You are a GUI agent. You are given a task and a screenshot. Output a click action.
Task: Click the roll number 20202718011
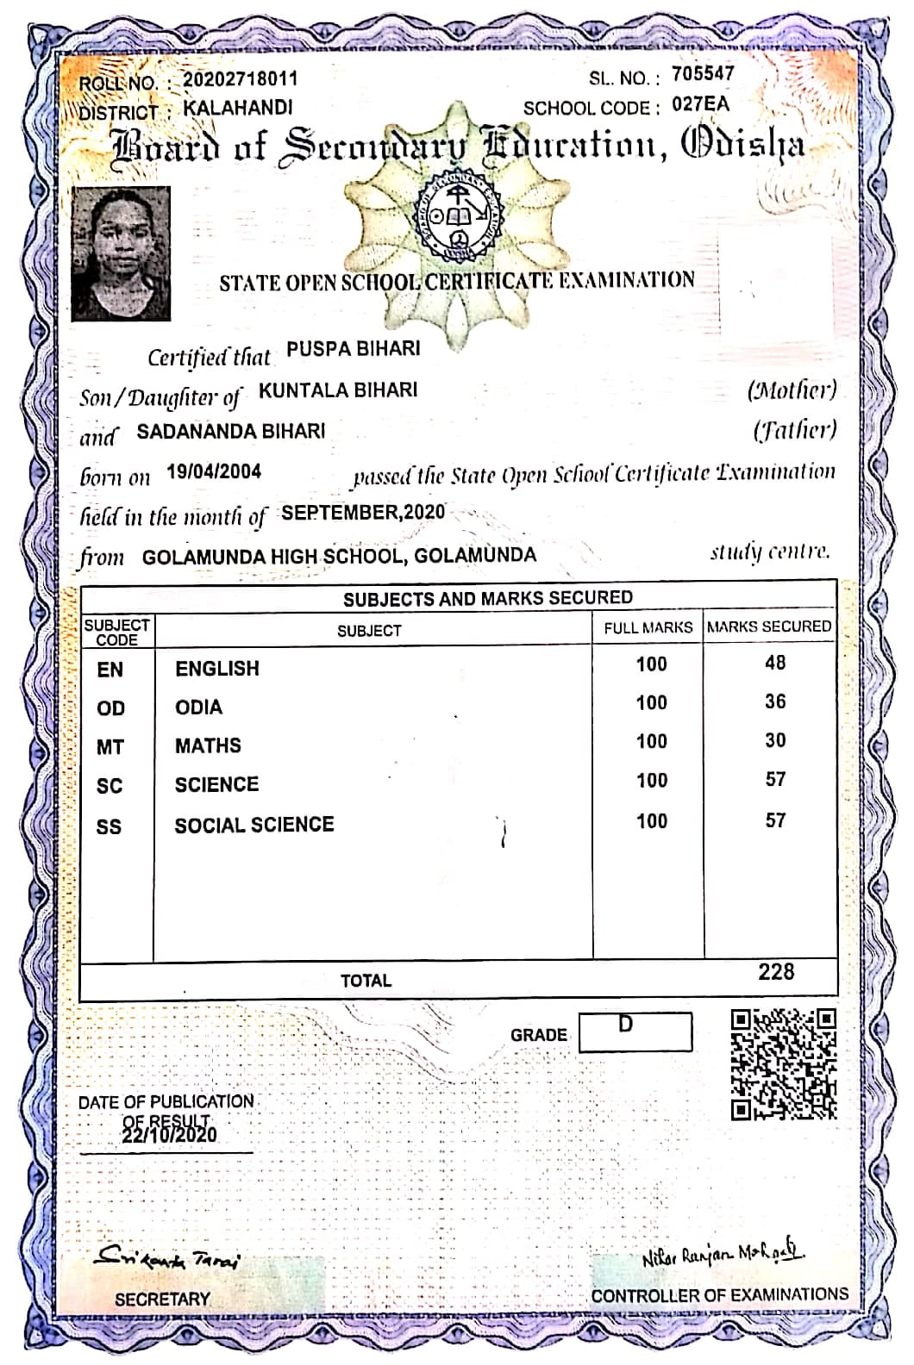pyautogui.click(x=241, y=79)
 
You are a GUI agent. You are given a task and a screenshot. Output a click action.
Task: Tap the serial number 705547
pyautogui.click(x=703, y=74)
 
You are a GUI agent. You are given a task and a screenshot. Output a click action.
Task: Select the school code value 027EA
pyautogui.click(x=700, y=105)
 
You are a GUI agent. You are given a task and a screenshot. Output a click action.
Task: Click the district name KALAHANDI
pyautogui.click(x=238, y=108)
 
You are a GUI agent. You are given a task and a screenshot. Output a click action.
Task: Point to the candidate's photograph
pyautogui.click(x=121, y=254)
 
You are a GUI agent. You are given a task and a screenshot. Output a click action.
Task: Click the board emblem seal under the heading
pyautogui.click(x=458, y=218)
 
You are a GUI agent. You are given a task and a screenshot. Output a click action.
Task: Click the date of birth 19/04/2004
pyautogui.click(x=214, y=471)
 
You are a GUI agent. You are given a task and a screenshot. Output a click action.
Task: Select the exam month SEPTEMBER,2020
pyautogui.click(x=363, y=513)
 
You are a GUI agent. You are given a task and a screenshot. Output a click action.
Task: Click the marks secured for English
pyautogui.click(x=774, y=663)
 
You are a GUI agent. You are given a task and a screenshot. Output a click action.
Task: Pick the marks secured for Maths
pyautogui.click(x=774, y=740)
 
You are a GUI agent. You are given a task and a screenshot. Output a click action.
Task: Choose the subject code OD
pyautogui.click(x=110, y=708)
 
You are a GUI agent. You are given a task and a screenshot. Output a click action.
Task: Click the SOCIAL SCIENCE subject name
pyautogui.click(x=254, y=825)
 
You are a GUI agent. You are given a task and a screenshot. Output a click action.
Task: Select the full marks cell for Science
pyautogui.click(x=651, y=780)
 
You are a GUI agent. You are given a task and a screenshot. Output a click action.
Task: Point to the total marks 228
pyautogui.click(x=775, y=972)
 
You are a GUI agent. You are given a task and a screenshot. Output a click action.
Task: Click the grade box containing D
pyautogui.click(x=635, y=1032)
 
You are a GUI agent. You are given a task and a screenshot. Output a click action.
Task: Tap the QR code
pyautogui.click(x=783, y=1064)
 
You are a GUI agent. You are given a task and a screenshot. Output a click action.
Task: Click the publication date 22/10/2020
pyautogui.click(x=170, y=1135)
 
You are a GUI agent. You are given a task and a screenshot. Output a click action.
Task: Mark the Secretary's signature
pyautogui.click(x=168, y=1259)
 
